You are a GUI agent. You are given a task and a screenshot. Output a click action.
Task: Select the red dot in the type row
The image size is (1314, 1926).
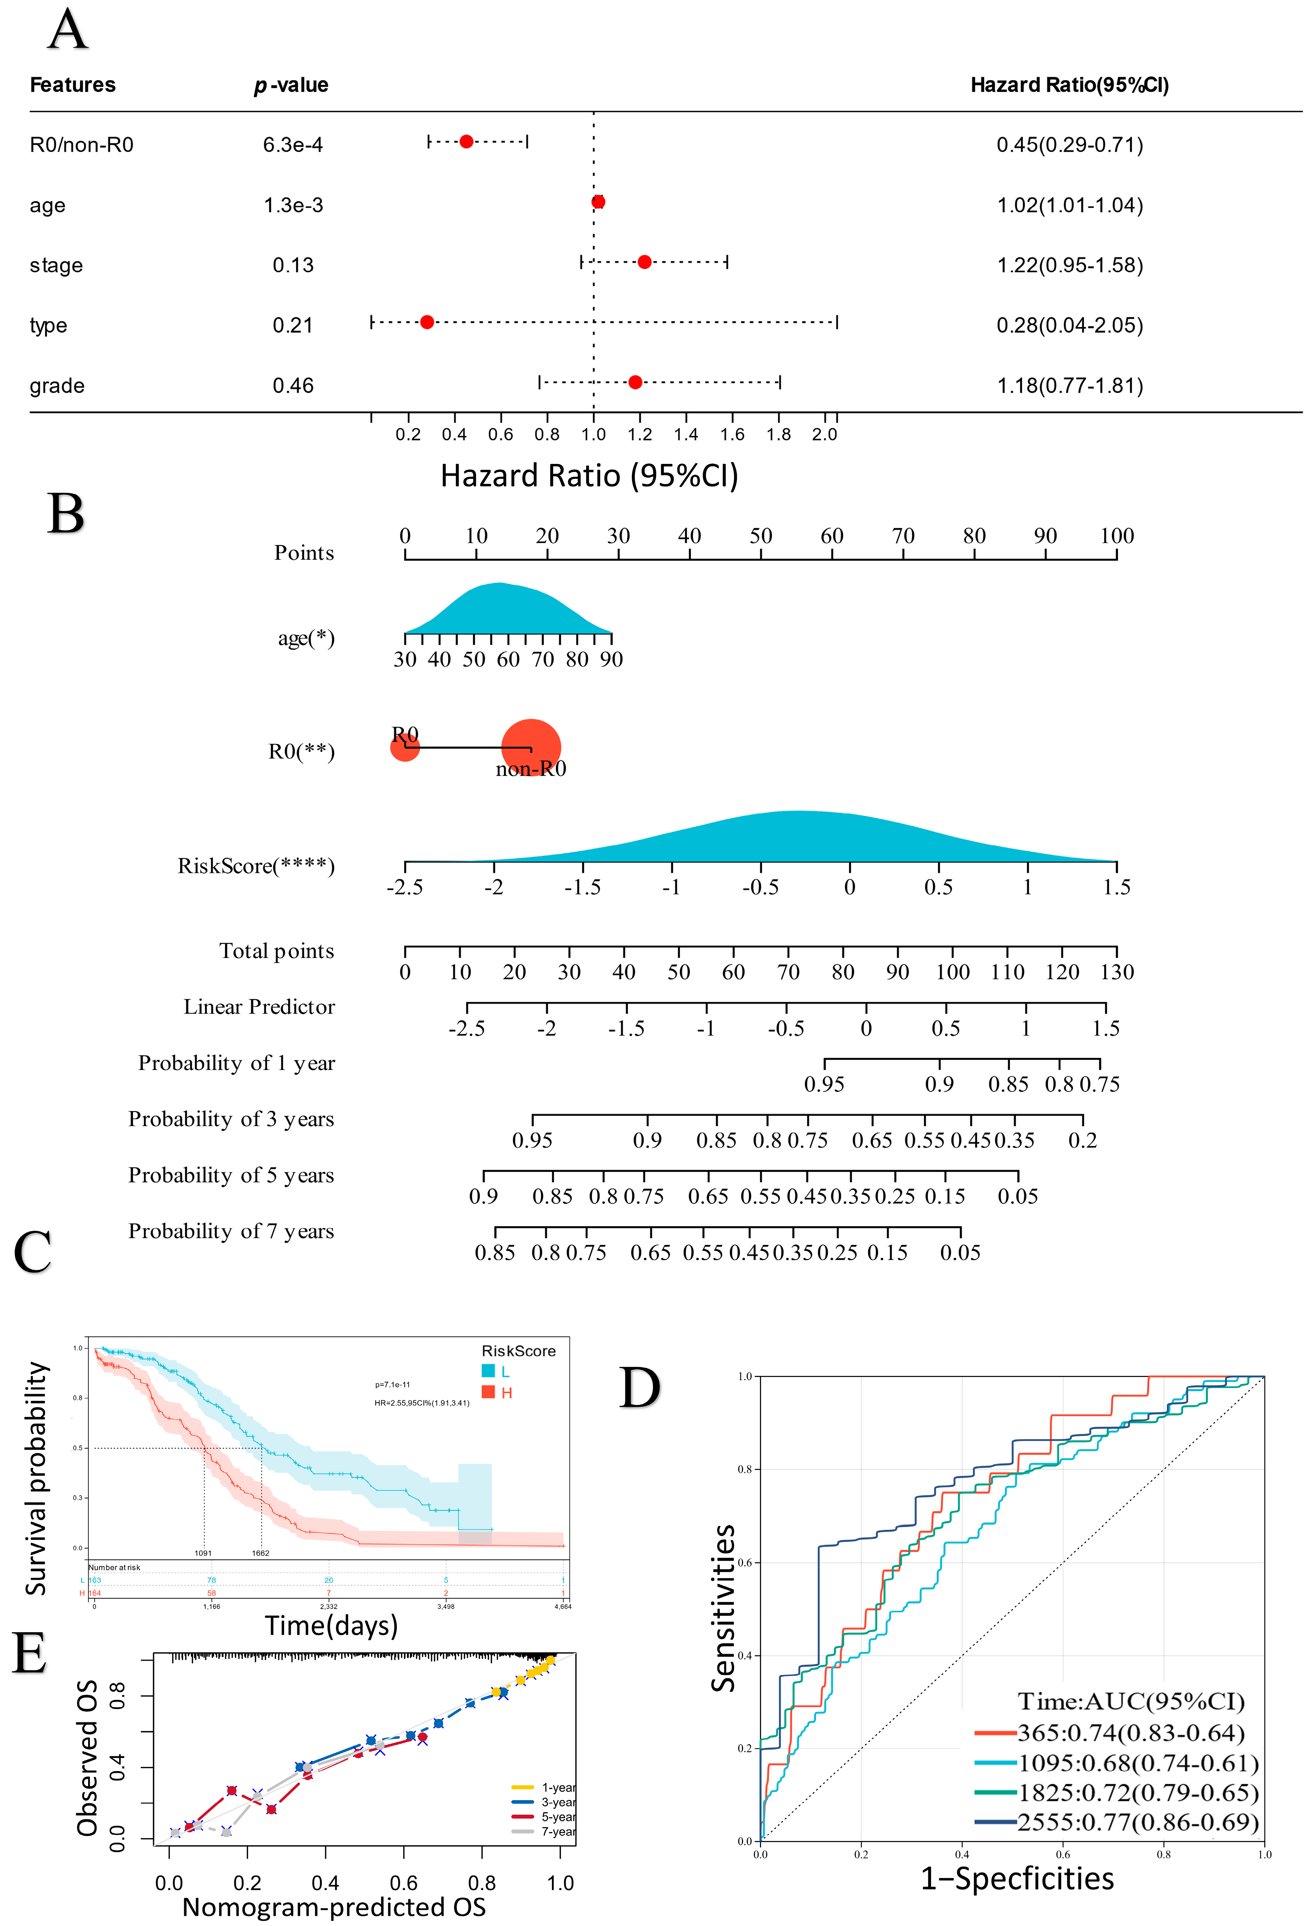(x=427, y=322)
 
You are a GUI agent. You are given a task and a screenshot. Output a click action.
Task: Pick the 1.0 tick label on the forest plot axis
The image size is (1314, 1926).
(x=593, y=434)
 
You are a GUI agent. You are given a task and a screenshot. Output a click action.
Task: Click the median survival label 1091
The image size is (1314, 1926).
(x=203, y=1553)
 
